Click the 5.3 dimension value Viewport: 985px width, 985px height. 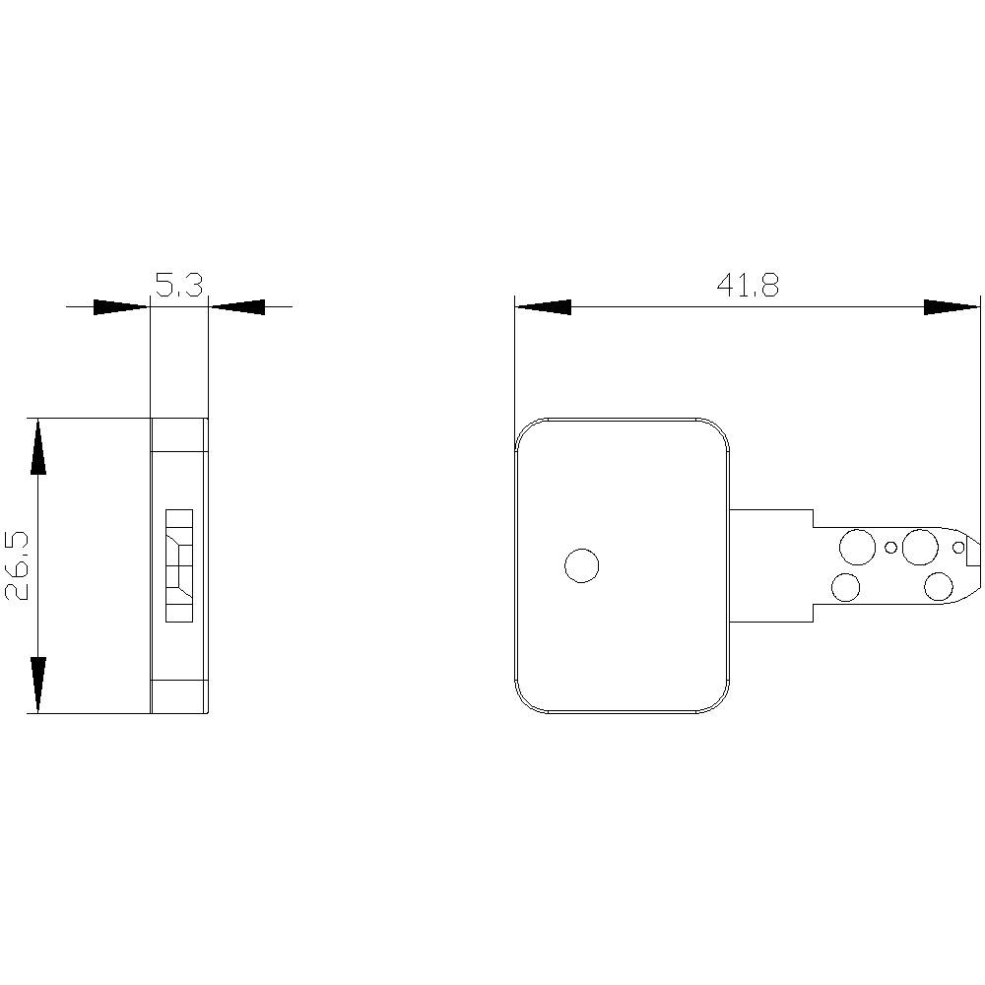point(179,286)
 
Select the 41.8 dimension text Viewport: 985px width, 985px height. point(748,286)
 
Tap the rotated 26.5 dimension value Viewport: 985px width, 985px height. point(20,565)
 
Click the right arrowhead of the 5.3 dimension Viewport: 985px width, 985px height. point(237,307)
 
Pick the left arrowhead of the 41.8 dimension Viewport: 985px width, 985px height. point(543,307)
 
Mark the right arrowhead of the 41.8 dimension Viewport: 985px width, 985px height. point(952,307)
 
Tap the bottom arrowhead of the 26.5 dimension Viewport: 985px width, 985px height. point(37,684)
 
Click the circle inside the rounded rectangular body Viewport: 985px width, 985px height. point(581,565)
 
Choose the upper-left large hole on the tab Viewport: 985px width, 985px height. point(856,546)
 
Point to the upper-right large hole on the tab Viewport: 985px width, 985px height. point(920,546)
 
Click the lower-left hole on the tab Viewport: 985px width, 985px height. point(846,588)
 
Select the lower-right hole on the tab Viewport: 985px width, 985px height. point(939,587)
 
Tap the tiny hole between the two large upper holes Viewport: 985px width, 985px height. point(890,548)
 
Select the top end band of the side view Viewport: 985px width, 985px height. point(178,434)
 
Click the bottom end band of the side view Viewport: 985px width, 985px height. point(178,695)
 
